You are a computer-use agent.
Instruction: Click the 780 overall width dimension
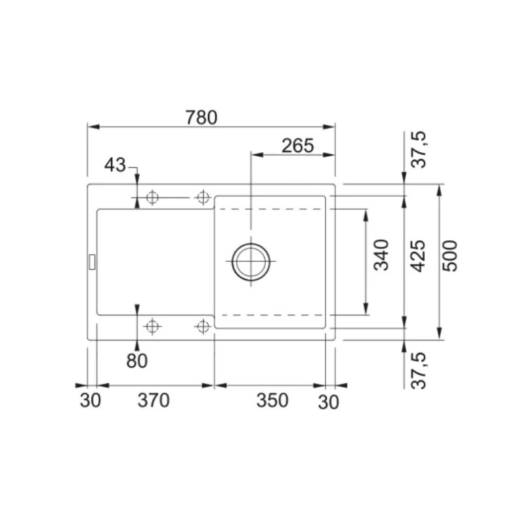pyautogui.click(x=201, y=117)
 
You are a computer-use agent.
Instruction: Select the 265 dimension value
pyautogui.click(x=298, y=146)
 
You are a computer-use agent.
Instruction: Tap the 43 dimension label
pyautogui.click(x=115, y=165)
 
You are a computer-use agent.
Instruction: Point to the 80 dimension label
pyautogui.click(x=137, y=361)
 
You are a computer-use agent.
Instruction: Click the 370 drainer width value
pyautogui.click(x=154, y=400)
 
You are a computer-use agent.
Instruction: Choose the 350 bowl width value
pyautogui.click(x=272, y=400)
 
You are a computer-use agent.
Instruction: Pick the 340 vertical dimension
pyautogui.click(x=382, y=255)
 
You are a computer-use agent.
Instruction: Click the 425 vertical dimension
pyautogui.click(x=418, y=256)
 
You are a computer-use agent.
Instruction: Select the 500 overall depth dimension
pyautogui.click(x=450, y=256)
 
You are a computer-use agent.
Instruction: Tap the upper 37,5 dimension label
pyautogui.click(x=419, y=150)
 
